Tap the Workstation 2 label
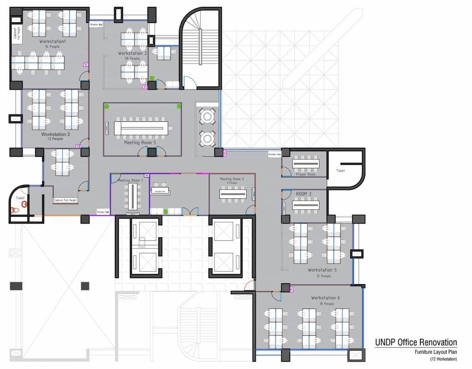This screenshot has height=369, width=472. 132,54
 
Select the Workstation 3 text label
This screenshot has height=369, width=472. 55,134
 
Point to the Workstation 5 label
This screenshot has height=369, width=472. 323,270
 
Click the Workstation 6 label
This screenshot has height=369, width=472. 326,298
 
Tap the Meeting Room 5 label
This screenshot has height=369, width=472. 140,143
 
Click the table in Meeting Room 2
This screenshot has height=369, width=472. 233,194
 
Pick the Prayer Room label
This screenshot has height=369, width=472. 305,174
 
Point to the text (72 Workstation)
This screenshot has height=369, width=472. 443,359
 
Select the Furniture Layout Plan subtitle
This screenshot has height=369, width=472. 435,352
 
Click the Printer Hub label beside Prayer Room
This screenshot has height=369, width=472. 275,154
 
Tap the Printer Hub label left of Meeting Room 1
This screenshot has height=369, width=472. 103,212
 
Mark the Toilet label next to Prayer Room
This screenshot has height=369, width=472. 340,171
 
